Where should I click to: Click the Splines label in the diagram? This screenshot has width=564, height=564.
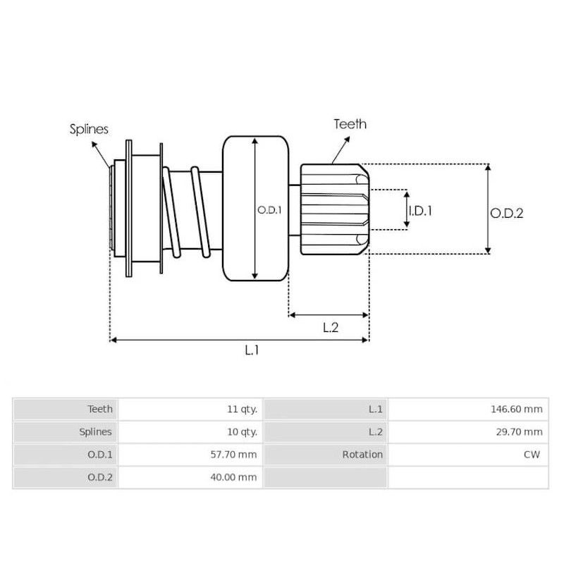pyautogui.click(x=89, y=129)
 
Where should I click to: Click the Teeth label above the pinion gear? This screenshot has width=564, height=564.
pyautogui.click(x=350, y=124)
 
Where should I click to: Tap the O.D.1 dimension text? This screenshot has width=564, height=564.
pyautogui.click(x=269, y=209)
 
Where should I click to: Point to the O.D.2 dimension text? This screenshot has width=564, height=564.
pyautogui.click(x=506, y=212)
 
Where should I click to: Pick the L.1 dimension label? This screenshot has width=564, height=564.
pyautogui.click(x=251, y=350)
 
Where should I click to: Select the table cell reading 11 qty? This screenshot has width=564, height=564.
pyautogui.click(x=239, y=409)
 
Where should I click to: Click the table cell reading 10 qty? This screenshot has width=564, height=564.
pyautogui.click(x=239, y=431)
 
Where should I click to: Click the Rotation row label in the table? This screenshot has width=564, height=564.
pyautogui.click(x=362, y=455)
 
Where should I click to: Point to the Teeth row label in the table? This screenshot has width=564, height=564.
pyautogui.click(x=99, y=409)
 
